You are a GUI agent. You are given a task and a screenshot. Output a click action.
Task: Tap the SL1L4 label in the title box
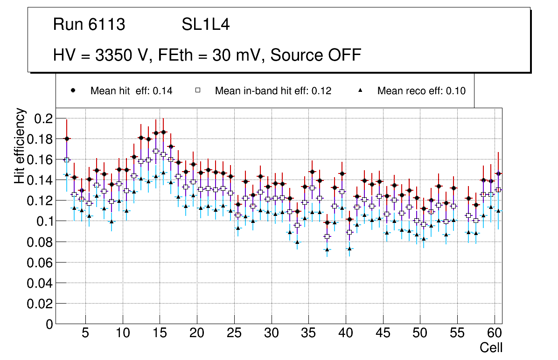tap(205, 24)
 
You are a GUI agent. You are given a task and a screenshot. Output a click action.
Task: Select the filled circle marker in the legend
tap(73, 90)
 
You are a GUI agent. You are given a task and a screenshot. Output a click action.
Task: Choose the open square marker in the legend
tap(198, 90)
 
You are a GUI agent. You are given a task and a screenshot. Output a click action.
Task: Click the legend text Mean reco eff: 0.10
tap(421, 91)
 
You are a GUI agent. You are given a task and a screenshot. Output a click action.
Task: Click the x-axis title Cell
tap(491, 348)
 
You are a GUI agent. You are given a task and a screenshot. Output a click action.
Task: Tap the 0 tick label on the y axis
tap(48, 325)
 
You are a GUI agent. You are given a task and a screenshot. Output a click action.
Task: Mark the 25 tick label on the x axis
tap(234, 334)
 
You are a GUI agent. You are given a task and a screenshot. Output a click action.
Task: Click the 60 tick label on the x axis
tap(495, 334)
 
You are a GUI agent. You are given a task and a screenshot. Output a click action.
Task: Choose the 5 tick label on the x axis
tap(85, 334)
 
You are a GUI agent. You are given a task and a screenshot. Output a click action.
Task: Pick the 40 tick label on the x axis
tap(345, 334)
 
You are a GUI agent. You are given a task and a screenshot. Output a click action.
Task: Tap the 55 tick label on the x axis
tap(457, 334)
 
